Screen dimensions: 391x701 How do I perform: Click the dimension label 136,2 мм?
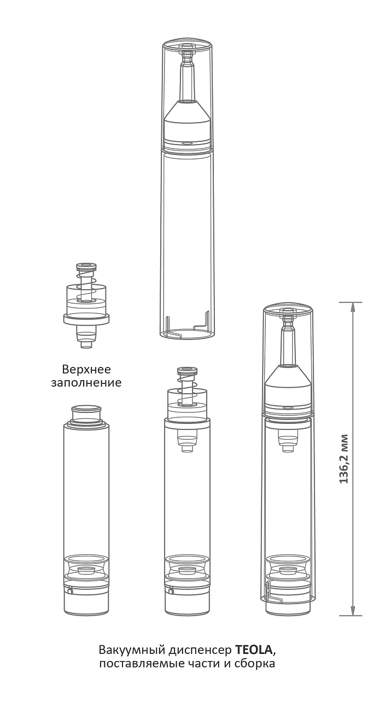click(x=344, y=459)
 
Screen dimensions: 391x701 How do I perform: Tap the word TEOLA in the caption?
click(x=254, y=650)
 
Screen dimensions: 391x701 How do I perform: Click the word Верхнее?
click(x=86, y=369)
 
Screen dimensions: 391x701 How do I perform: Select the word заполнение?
click(x=86, y=383)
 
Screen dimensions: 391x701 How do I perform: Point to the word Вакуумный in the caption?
click(x=132, y=650)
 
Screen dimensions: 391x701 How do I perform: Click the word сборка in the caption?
click(x=255, y=663)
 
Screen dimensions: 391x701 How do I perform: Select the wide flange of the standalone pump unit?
click(x=86, y=319)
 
